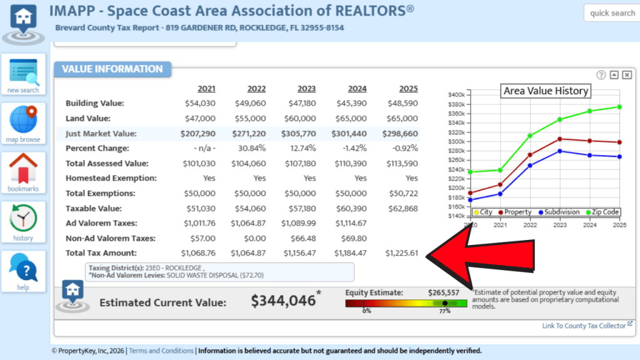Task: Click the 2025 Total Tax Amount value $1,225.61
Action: pyautogui.click(x=401, y=253)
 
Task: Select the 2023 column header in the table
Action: pyautogui.click(x=306, y=89)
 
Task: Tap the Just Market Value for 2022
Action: pyautogui.click(x=248, y=133)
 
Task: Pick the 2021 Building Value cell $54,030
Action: pyautogui.click(x=200, y=103)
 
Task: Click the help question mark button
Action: pyautogui.click(x=23, y=271)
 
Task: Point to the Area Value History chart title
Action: pyautogui.click(x=546, y=91)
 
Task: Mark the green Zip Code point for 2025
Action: pyautogui.click(x=619, y=107)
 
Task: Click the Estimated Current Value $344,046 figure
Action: pyautogui.click(x=283, y=301)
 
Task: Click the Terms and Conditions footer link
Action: pyautogui.click(x=161, y=351)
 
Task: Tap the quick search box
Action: pyautogui.click(x=612, y=13)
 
